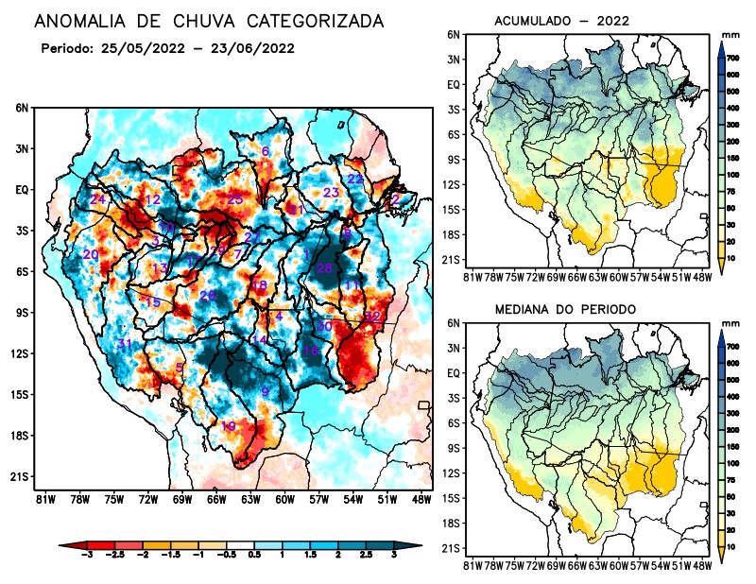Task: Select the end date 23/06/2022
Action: point(253,48)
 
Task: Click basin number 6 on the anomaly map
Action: point(266,151)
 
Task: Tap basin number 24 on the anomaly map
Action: point(97,199)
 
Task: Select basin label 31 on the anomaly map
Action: point(124,343)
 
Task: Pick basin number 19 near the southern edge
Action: point(228,426)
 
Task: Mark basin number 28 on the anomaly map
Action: point(324,268)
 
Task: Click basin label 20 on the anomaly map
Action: point(91,254)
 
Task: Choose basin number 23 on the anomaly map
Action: point(331,193)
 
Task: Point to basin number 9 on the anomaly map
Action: point(266,391)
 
